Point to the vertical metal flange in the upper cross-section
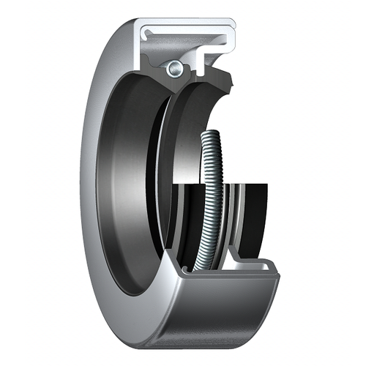(141, 44)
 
